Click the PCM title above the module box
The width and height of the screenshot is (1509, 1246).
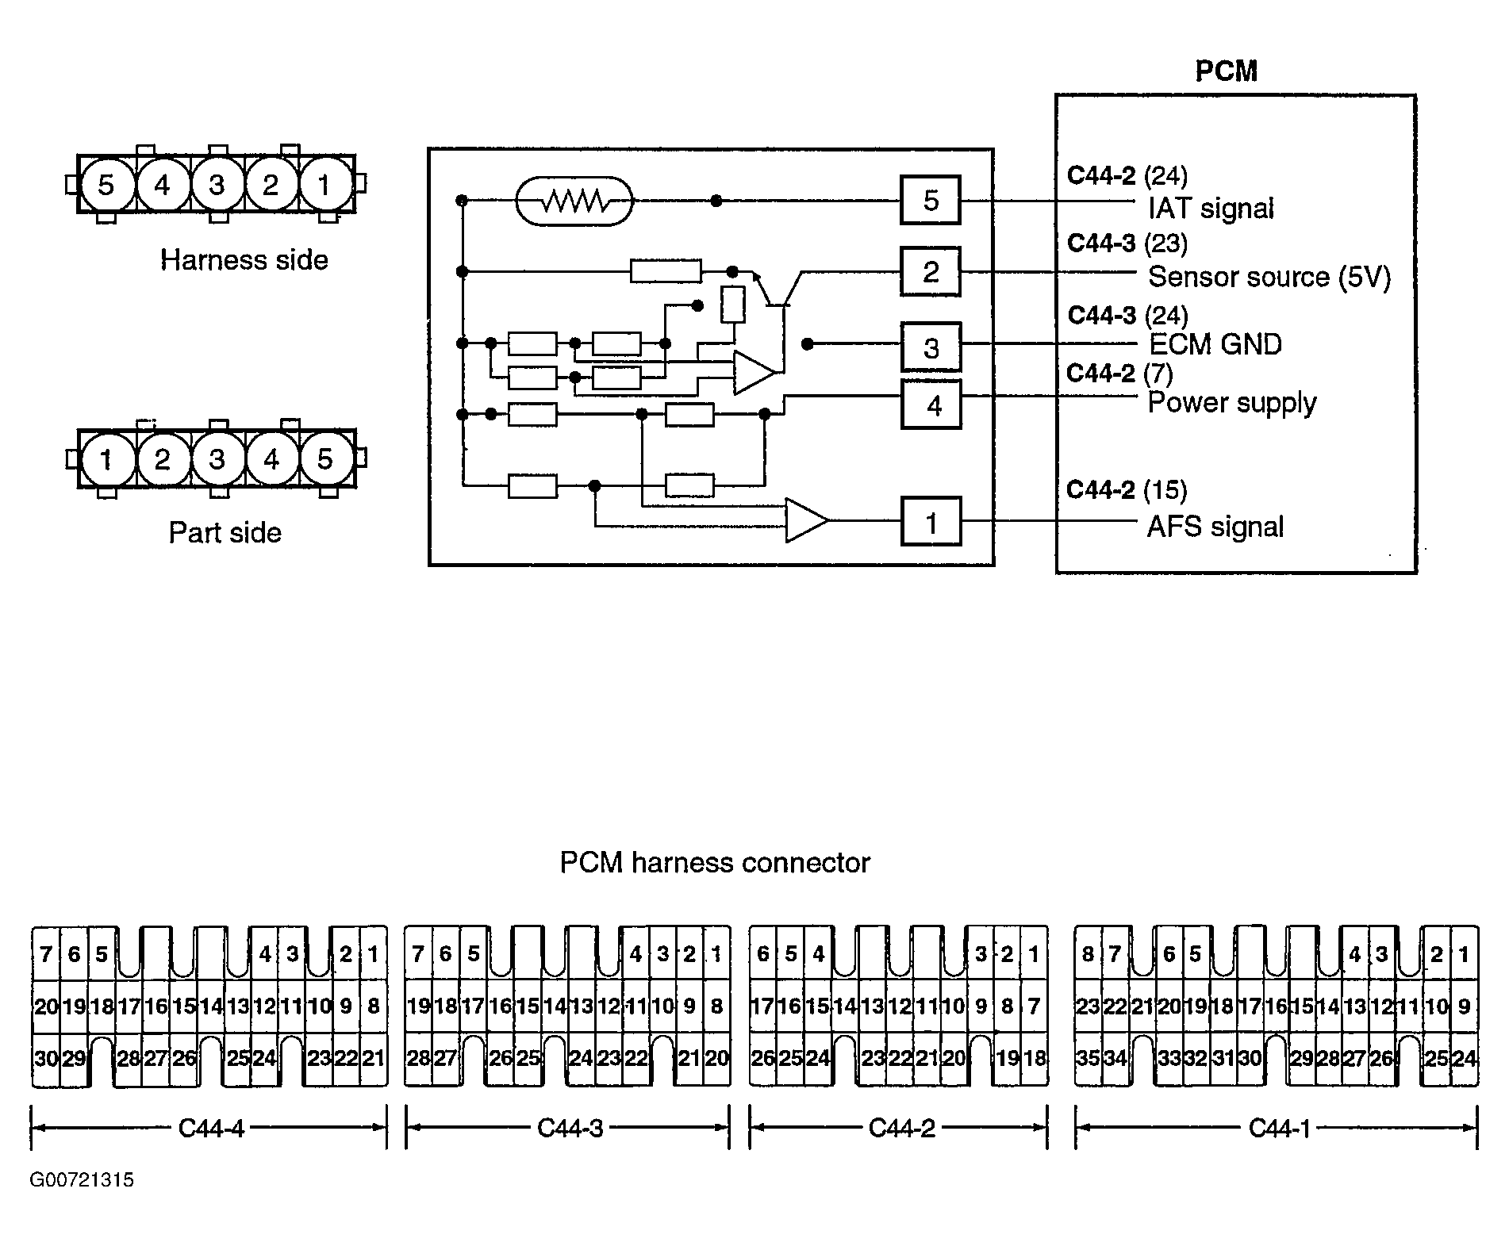[1226, 71]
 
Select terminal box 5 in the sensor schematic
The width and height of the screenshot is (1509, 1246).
[931, 201]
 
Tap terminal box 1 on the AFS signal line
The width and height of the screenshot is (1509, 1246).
[931, 522]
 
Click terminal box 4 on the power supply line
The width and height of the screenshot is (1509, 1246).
[931, 405]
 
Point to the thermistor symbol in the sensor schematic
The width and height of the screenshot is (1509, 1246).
[574, 201]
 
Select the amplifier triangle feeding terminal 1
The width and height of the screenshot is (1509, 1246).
[805, 521]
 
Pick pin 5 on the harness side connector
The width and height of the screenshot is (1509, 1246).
[106, 185]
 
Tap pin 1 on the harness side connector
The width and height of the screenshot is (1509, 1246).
[324, 185]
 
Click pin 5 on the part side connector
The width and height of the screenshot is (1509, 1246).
[324, 459]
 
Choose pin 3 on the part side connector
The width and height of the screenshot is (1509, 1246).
[216, 459]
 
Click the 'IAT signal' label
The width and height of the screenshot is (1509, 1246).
[1211, 209]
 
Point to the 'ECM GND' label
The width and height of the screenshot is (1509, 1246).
[1215, 344]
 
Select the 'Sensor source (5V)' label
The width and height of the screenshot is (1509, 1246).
[1269, 277]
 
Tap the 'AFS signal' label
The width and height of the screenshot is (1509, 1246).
[1215, 527]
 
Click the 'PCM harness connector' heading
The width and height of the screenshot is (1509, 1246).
[715, 862]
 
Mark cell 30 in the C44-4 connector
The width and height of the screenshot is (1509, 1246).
[46, 1057]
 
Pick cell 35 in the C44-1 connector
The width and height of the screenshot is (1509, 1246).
[1087, 1057]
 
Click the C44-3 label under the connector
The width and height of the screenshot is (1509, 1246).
[570, 1128]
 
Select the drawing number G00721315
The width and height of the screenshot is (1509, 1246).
[83, 1180]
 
